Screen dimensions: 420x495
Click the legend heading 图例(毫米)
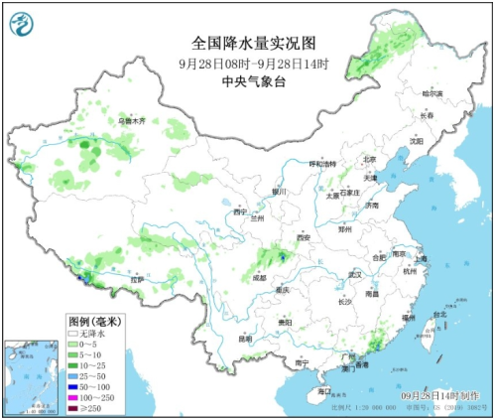94,322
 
